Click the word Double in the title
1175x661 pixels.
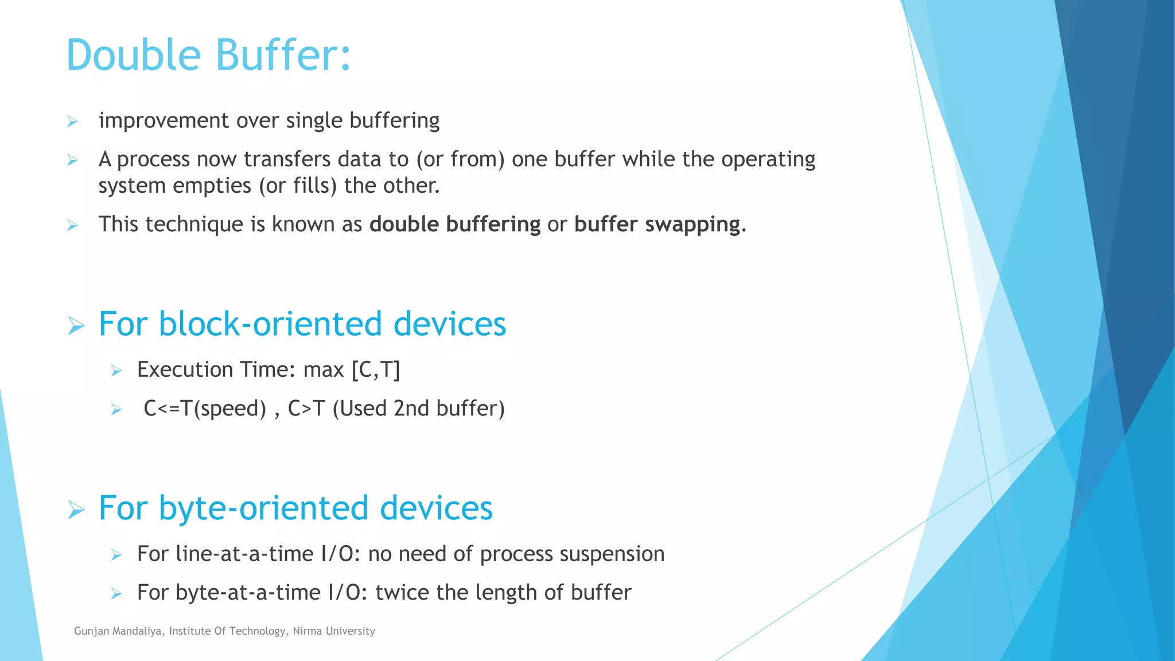coord(134,55)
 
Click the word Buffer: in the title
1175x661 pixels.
coord(283,55)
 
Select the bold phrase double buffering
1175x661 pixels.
coord(454,224)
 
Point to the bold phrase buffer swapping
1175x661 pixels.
coord(657,224)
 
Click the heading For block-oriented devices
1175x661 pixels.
coord(302,324)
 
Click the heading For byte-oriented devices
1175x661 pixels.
coord(295,508)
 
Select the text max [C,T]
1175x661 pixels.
coord(351,370)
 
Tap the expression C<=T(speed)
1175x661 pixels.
coord(205,409)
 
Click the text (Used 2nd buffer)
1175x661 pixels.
coord(418,409)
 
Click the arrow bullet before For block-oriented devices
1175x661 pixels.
coord(76,326)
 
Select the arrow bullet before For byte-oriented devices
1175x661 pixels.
coord(76,510)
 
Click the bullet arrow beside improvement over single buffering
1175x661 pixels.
coord(72,122)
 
